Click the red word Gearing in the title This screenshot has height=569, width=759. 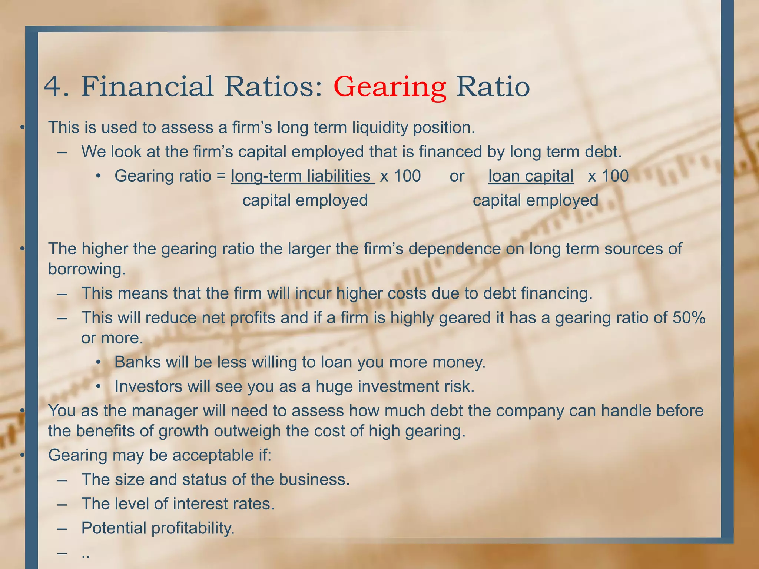point(390,87)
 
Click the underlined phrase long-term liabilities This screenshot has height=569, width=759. point(302,176)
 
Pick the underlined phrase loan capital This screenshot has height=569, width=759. point(531,176)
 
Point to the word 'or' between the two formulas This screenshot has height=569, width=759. point(457,176)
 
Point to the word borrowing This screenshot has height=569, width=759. point(87,269)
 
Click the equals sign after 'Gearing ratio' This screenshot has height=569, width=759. point(221,176)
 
